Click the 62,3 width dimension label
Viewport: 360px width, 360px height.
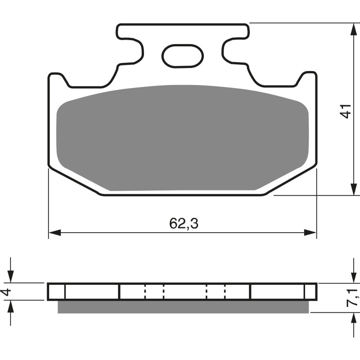click(184, 224)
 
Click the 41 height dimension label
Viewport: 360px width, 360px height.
click(345, 111)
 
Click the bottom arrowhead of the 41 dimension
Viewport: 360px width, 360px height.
click(351, 189)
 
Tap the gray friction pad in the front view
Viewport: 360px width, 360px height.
click(182, 137)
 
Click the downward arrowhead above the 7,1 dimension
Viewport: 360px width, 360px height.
click(351, 277)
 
